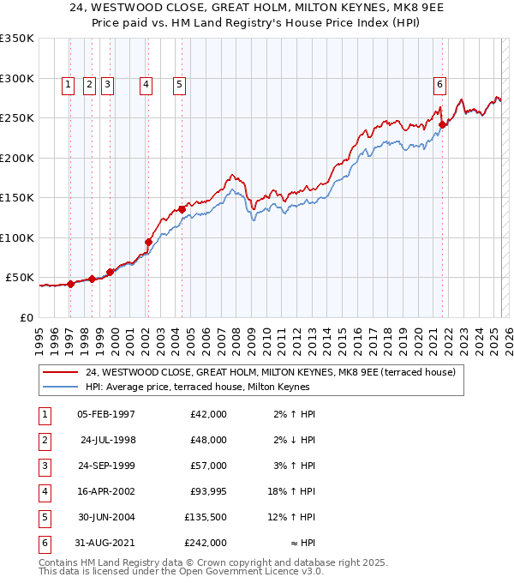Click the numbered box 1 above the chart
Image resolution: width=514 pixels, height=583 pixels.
coord(68,84)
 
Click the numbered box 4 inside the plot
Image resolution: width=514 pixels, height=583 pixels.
coord(146,84)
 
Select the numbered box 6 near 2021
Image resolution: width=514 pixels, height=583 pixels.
coord(439,84)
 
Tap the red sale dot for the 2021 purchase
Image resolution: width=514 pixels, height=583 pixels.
coord(443,124)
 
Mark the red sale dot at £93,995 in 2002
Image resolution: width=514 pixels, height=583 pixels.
coord(148,242)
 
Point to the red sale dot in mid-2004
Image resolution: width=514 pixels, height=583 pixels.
coord(182,208)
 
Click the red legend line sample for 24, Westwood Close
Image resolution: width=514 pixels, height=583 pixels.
coord(60,372)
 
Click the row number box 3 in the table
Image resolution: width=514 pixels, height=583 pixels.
coord(43,466)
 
